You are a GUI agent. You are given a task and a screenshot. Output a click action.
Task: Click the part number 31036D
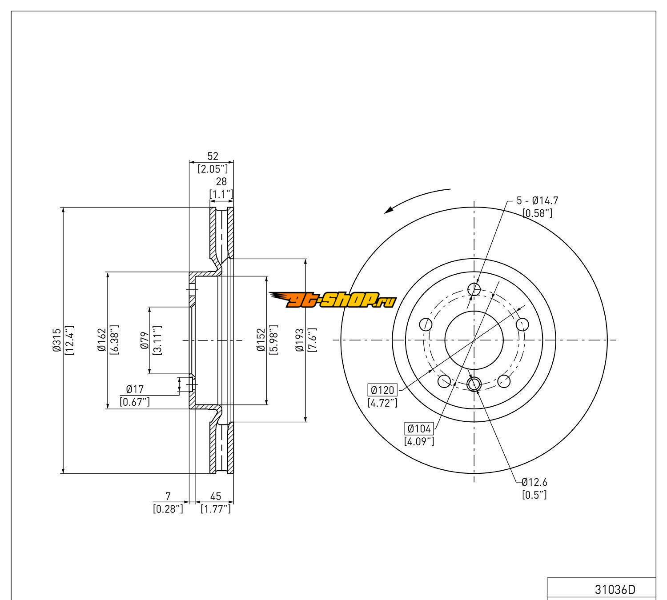point(615,590)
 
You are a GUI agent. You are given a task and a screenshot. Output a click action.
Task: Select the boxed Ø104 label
point(419,429)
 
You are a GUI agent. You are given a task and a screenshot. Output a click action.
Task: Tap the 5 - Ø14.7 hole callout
point(537,200)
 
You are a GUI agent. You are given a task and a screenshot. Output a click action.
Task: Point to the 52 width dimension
point(213,156)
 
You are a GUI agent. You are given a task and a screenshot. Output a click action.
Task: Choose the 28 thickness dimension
point(221,181)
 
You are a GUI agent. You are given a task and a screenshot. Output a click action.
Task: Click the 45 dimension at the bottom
point(216,496)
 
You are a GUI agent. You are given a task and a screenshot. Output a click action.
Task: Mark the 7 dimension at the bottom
point(168,496)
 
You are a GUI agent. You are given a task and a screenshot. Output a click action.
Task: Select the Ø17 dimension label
point(135,390)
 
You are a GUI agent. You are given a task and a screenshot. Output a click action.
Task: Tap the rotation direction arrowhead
point(391,209)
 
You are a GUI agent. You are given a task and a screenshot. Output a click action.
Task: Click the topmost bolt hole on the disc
point(474,290)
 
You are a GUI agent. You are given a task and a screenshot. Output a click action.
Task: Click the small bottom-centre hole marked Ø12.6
point(474,383)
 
